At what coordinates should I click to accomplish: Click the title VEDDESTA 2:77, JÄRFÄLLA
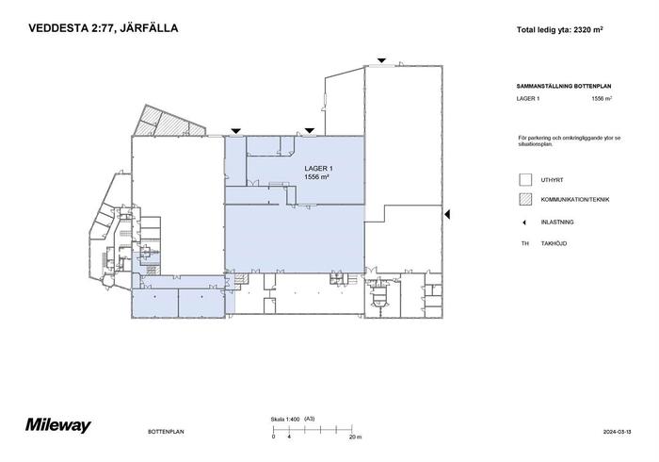point(103,28)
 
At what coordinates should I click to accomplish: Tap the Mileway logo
point(58,425)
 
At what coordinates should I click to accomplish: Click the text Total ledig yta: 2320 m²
point(560,30)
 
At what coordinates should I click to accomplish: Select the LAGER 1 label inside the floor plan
point(318,169)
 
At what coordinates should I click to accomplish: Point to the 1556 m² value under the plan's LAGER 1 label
point(316,177)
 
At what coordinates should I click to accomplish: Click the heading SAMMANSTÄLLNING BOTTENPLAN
point(564,86)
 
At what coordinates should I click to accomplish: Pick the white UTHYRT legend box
point(525,180)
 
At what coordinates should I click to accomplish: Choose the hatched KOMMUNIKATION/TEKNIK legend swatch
point(525,199)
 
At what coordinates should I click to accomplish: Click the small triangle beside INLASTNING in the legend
point(524,223)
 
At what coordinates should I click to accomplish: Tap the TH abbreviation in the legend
point(525,243)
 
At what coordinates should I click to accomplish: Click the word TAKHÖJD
point(554,243)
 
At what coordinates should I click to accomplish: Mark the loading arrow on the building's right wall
point(447,214)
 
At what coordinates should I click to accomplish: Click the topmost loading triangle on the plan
point(381,60)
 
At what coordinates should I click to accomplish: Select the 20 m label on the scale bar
point(355,437)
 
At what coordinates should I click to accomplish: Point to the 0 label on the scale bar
point(274,437)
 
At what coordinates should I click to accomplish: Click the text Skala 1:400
point(285,419)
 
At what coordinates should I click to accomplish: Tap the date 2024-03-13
point(617,432)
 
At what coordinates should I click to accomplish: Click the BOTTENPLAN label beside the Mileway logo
point(166,432)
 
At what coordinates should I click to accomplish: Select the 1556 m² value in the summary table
point(602,98)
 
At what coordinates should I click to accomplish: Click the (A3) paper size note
point(310,419)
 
